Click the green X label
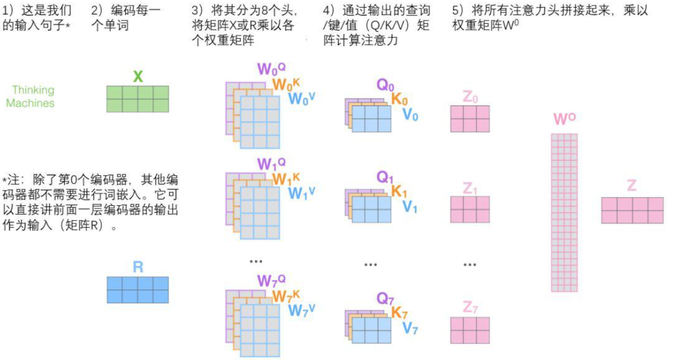point(138,76)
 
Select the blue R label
point(138,267)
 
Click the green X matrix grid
point(138,99)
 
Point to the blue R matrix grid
point(138,290)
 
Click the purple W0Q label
point(271,68)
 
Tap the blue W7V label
point(302,311)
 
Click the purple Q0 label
point(385,85)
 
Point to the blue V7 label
point(410,328)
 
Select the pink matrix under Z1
point(470,209)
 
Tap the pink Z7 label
point(470,308)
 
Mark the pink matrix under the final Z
point(632,210)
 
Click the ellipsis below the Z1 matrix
point(470,264)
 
